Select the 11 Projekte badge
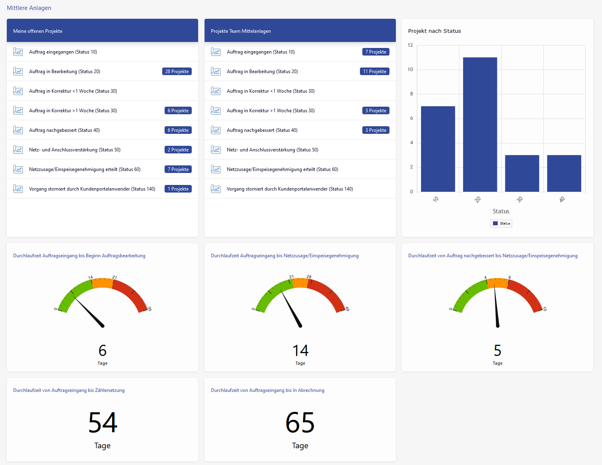pos(375,72)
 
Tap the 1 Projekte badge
pos(178,189)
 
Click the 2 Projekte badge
pos(178,150)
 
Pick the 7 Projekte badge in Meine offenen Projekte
pos(178,169)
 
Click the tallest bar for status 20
pos(480,125)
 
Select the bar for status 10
pos(438,149)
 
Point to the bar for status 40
pos(564,173)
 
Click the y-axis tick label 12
pos(410,45)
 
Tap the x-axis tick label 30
pos(519,199)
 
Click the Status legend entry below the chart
pos(501,223)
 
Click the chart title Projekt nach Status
pos(434,31)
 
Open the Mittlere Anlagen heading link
pos(29,8)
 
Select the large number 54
pos(103,423)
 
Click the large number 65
pos(300,423)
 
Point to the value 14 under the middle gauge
pos(300,351)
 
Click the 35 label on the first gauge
pos(149,308)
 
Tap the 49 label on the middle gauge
pos(347,309)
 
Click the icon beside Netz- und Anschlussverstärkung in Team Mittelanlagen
pos(216,150)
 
